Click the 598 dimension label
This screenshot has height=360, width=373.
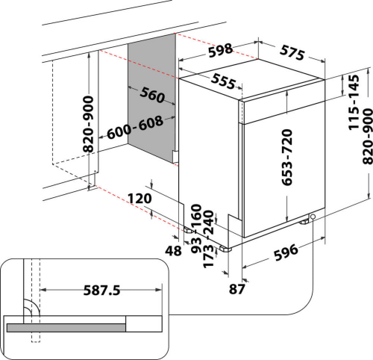[221, 50]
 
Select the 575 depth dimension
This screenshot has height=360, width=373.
[292, 53]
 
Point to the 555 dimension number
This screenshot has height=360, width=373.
[223, 81]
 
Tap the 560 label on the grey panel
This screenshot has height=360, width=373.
[152, 95]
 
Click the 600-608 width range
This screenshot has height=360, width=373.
[135, 128]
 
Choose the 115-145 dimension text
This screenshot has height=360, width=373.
[354, 102]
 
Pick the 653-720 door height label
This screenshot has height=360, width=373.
[286, 158]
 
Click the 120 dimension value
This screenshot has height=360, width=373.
[140, 199]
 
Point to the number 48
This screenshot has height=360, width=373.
[173, 251]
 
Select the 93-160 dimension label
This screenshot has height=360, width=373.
[196, 229]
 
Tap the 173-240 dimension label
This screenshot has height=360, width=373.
[208, 239]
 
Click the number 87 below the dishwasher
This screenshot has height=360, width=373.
[237, 289]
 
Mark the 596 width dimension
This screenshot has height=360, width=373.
[286, 252]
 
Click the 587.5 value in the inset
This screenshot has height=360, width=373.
[101, 291]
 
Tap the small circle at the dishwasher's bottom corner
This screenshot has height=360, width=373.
[313, 217]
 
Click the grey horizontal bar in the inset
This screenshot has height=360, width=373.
[66, 328]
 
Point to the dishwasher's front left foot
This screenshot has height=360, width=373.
[225, 249]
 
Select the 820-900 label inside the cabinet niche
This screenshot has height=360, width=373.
[88, 124]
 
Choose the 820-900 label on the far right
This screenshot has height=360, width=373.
[368, 136]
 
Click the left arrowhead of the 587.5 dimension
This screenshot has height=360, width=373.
[43, 290]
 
